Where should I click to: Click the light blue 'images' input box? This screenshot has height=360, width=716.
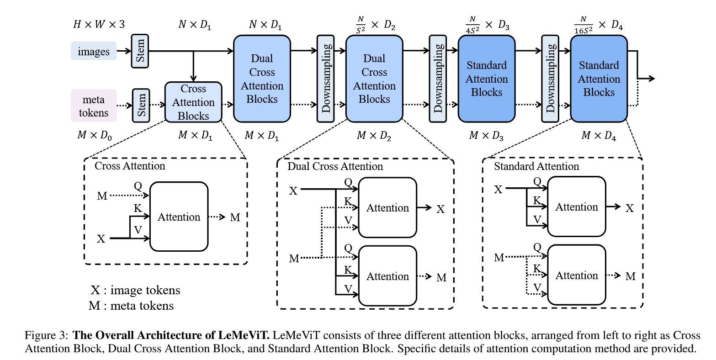pos(94,51)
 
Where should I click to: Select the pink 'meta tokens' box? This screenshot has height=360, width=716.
pos(94,106)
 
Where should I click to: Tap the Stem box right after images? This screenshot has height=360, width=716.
pos(140,51)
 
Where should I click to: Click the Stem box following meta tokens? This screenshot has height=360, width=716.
pos(141,106)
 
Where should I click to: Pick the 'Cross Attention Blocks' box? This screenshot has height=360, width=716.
pos(193,102)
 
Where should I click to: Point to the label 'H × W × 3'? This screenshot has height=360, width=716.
pos(99,24)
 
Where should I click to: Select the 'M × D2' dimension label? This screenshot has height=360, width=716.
pos(374,136)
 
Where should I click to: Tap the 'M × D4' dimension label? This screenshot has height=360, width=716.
pos(599,136)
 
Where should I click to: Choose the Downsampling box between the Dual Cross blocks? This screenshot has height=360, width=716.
pos(325,79)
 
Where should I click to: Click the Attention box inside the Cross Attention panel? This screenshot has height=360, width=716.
pos(179,217)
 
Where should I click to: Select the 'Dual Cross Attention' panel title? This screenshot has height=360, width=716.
pos(335,166)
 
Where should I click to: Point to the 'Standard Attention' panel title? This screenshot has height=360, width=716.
pos(536,166)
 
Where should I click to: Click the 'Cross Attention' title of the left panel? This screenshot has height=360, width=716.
pos(130,166)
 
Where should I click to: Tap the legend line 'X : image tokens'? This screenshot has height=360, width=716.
pos(135,290)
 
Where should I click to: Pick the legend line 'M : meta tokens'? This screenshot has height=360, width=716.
pos(131,305)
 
